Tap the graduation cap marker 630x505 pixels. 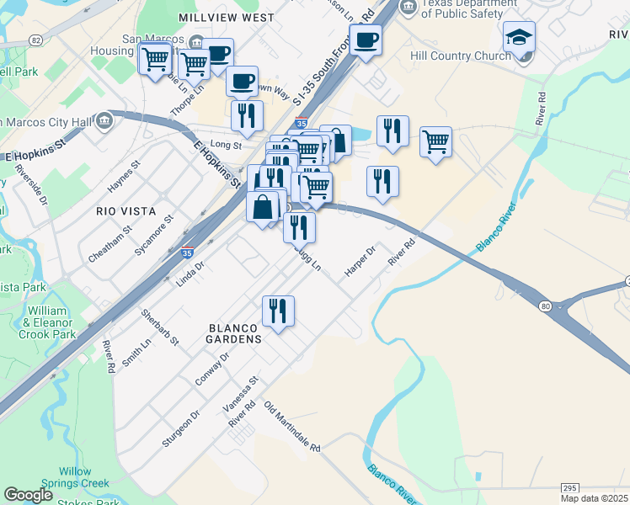520,39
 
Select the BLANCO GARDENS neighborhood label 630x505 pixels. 233,332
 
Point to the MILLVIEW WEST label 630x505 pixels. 227,17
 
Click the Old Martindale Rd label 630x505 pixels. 293,427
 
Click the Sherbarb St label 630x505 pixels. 160,327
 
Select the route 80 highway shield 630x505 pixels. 546,306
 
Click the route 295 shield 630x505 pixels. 569,488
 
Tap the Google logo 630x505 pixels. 28,495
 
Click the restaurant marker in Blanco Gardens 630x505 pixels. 278,311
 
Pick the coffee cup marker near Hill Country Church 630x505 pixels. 366,40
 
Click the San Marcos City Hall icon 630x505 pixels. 104,120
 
